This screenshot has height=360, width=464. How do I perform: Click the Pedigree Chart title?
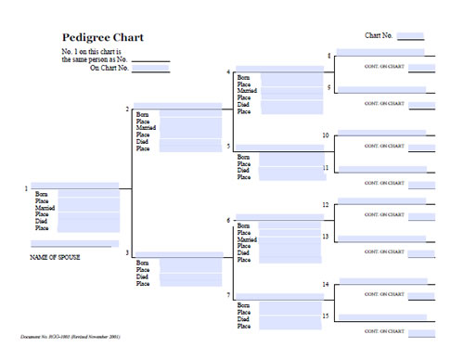click(102, 38)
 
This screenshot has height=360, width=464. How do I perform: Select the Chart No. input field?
click(410, 36)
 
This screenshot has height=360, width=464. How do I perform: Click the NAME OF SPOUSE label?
click(55, 257)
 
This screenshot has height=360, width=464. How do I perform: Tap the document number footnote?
click(70, 336)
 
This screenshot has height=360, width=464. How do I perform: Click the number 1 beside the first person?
click(26, 189)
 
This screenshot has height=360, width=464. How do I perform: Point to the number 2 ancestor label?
click(127, 110)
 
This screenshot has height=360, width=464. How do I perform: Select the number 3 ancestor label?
click(127, 253)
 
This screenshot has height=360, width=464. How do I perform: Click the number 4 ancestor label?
click(228, 71)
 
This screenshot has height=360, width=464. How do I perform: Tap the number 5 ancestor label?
click(228, 147)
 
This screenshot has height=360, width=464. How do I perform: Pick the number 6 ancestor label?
click(228, 220)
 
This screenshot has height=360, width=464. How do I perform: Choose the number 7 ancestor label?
click(228, 295)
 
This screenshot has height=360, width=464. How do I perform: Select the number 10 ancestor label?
click(326, 136)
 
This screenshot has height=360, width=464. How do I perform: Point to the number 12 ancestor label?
click(326, 204)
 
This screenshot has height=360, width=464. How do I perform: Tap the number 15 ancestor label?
click(326, 316)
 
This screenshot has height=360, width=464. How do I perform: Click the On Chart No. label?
click(109, 68)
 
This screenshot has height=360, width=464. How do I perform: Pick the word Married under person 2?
click(146, 127)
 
